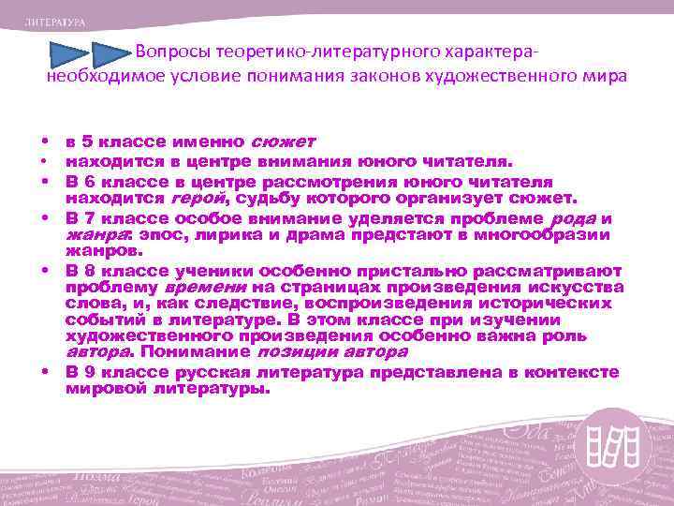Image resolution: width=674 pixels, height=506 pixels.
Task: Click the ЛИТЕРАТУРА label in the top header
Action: click(55, 21)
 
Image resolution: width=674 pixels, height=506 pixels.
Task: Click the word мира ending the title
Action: click(606, 76)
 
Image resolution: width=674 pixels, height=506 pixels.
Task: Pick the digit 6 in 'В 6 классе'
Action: click(85, 183)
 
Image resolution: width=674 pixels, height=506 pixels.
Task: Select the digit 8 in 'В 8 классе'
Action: click(85, 269)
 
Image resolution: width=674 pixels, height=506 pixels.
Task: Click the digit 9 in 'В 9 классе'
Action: click(85, 372)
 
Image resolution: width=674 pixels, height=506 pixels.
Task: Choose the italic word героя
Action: click(194, 199)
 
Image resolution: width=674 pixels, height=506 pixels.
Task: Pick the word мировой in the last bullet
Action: click(103, 387)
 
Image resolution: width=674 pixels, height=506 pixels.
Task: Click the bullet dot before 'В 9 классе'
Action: click(44, 371)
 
